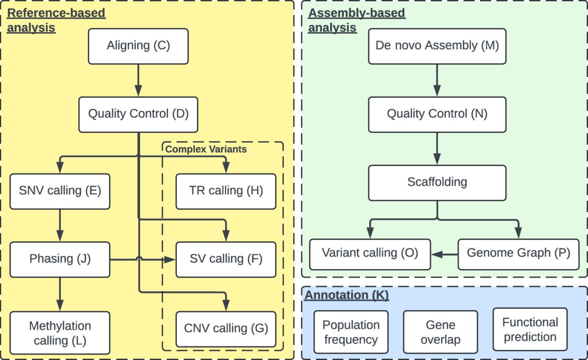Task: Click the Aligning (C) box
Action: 138,46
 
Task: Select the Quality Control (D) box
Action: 138,114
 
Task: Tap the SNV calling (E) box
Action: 60,191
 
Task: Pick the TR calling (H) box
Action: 226,191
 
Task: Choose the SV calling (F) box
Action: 226,259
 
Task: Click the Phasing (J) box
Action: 60,259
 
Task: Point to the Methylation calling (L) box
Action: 60,333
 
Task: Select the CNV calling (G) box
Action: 226,328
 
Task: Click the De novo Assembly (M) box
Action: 437,46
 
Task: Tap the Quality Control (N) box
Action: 437,114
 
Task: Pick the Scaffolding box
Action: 437,182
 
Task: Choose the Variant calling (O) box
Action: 370,253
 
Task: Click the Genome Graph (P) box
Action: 518,253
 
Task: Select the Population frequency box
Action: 351,332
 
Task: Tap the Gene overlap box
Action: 440,332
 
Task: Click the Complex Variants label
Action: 206,149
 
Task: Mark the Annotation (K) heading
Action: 347,295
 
